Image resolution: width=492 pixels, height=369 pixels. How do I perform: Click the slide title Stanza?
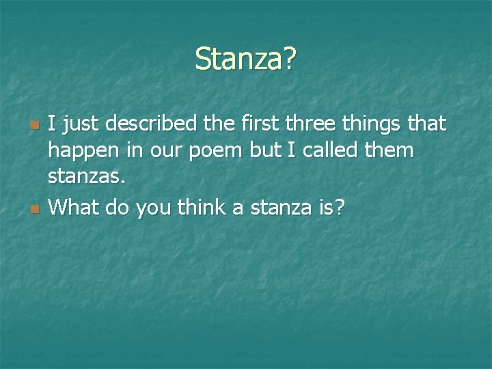[245, 59]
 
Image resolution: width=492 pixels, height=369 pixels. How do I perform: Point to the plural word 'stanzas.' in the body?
[87, 178]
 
